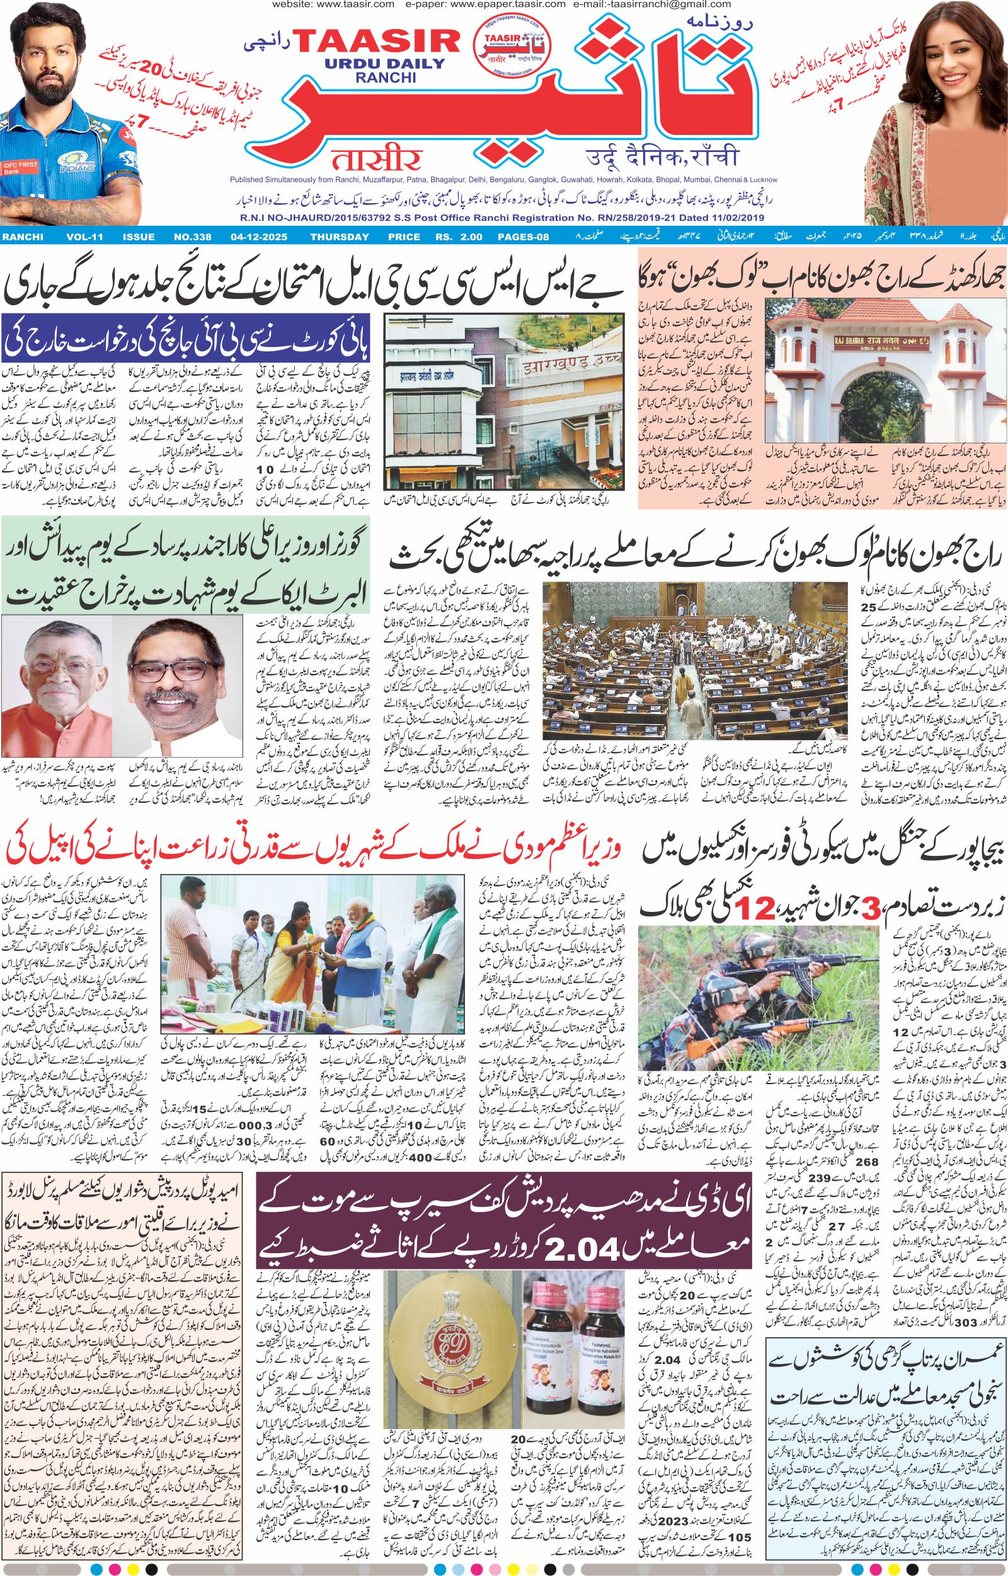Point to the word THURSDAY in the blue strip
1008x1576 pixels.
(340, 236)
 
